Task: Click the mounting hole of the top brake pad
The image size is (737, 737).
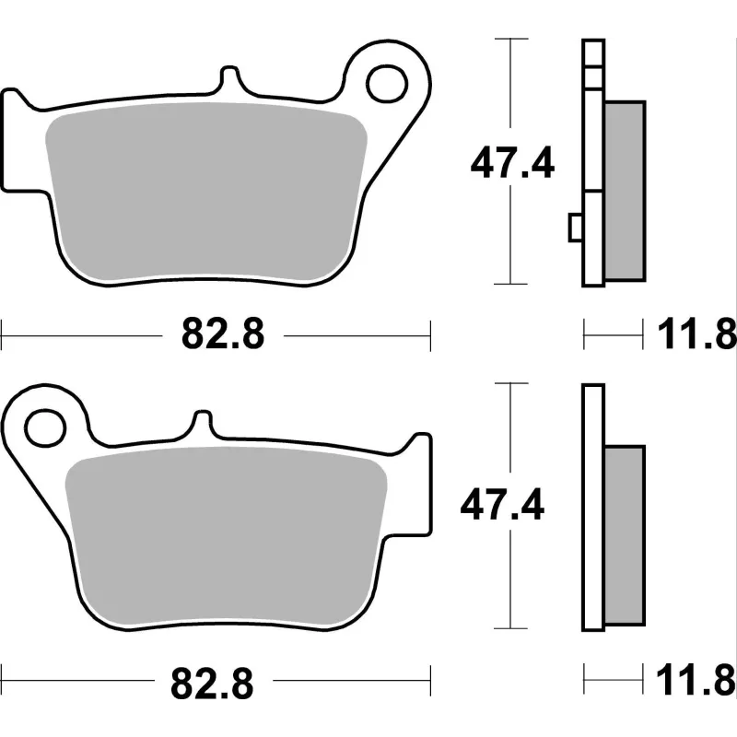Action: [x=387, y=85]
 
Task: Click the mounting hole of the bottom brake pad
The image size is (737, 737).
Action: [x=44, y=428]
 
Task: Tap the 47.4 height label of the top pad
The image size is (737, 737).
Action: [x=512, y=163]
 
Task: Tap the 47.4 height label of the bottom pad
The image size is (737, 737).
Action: [x=502, y=505]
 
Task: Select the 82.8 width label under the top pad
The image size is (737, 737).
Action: [x=223, y=333]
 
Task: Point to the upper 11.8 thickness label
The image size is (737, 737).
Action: [x=696, y=334]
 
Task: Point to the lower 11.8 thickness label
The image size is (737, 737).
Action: [x=696, y=680]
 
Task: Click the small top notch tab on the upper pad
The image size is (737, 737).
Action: [x=229, y=77]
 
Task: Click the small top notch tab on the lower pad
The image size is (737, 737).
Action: [x=203, y=422]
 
